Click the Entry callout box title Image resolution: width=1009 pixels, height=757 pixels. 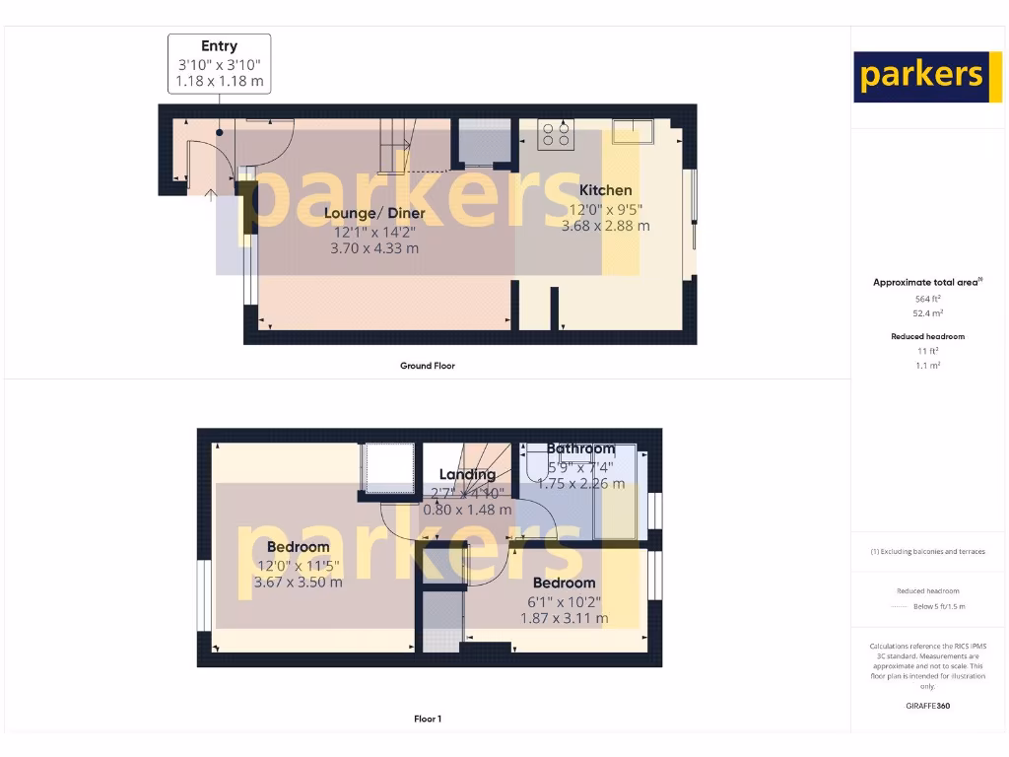point(219,46)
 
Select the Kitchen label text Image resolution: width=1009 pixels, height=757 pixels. point(605,190)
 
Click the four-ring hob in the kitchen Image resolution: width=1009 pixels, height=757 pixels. point(556,134)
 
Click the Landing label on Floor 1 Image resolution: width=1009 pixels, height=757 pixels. point(467,474)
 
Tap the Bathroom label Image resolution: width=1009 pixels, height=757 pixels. point(580,448)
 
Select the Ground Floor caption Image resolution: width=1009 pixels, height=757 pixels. point(428,366)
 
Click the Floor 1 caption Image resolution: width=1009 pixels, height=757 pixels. point(428,719)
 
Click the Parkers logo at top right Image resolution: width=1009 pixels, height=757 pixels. point(921,77)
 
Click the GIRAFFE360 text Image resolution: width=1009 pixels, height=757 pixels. point(927,706)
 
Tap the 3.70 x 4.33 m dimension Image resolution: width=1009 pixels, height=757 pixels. point(374,248)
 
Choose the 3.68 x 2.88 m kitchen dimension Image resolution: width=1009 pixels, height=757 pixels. point(605,226)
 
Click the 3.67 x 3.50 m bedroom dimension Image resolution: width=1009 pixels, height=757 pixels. point(298,583)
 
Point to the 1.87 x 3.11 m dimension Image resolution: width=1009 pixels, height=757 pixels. point(565,618)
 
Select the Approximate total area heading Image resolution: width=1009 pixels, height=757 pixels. point(926,282)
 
